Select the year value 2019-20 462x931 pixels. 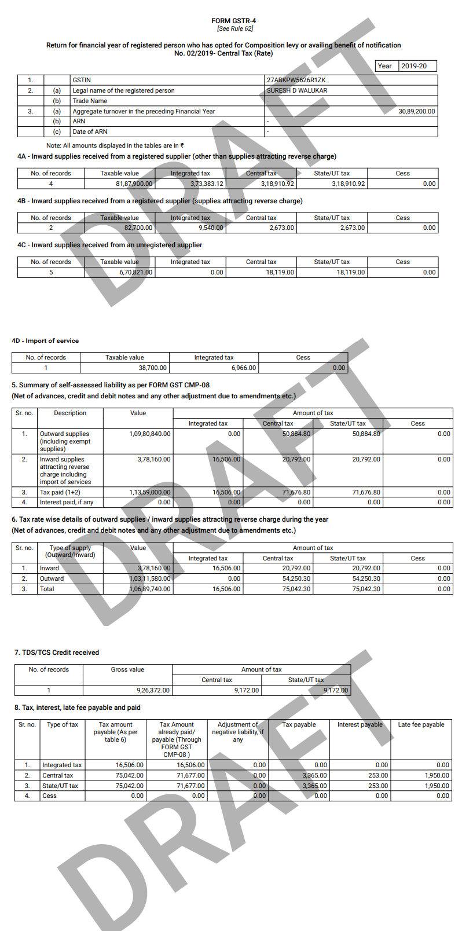(414, 66)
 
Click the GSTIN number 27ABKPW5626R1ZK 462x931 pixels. (296, 80)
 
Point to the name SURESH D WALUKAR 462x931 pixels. (297, 90)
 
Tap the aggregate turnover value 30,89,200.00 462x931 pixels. (416, 111)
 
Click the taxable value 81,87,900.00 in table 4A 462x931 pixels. (134, 184)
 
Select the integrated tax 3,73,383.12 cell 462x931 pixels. (207, 184)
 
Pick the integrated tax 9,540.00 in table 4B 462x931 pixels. (211, 228)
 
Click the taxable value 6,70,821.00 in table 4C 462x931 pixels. (136, 272)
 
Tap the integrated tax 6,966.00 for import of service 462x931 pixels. (244, 368)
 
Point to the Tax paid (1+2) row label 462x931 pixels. (60, 492)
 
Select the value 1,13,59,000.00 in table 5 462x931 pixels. (149, 492)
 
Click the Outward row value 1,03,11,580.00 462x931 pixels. (149, 578)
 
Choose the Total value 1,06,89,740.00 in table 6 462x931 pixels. (149, 589)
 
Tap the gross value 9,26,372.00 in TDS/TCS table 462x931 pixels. (153, 690)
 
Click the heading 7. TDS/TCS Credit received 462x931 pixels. (57, 653)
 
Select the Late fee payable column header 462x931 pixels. (421, 724)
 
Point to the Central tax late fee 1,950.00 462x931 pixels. (437, 775)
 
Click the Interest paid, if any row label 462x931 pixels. (66, 502)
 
